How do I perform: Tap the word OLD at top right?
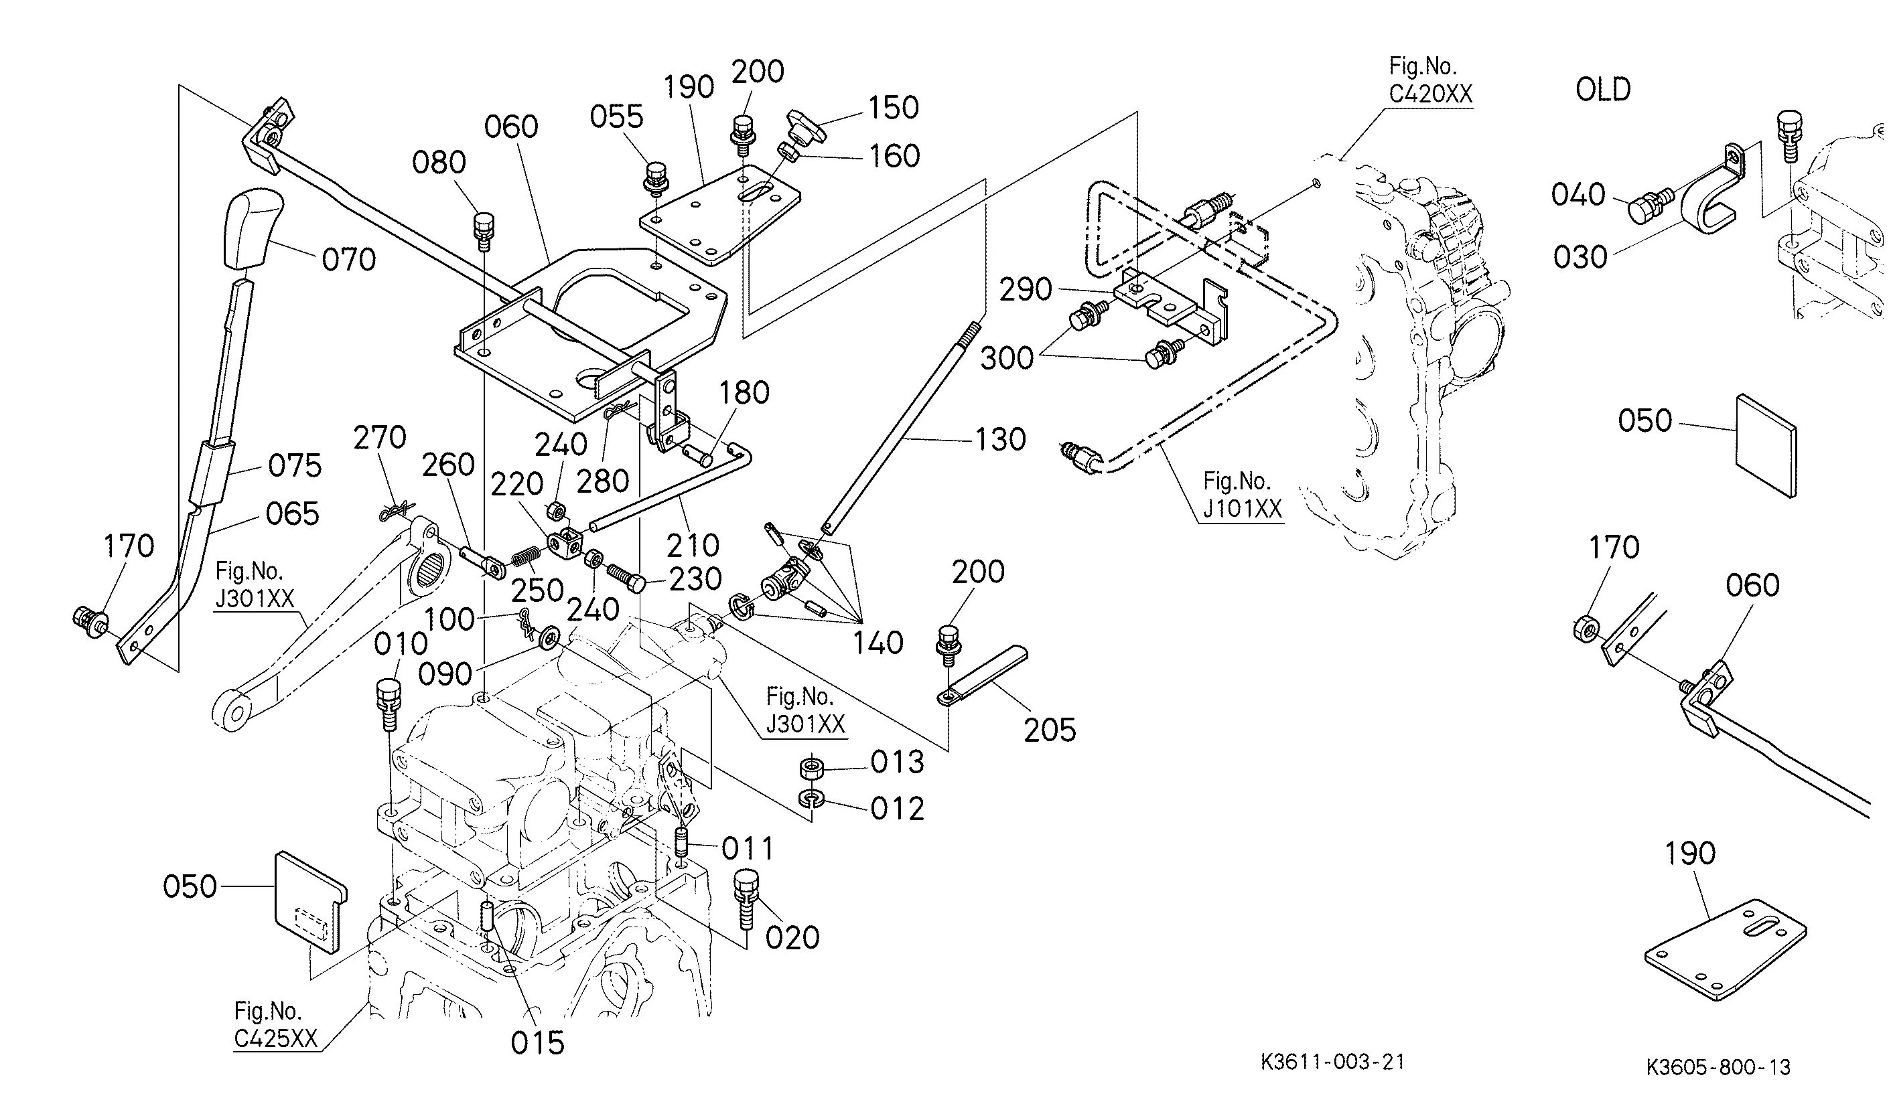pyautogui.click(x=1604, y=90)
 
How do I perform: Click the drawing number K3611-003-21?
pyautogui.click(x=1333, y=1062)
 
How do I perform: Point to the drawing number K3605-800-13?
pyautogui.click(x=1718, y=1066)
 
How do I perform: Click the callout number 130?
pyautogui.click(x=1000, y=439)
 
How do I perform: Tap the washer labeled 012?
pyautogui.click(x=811, y=799)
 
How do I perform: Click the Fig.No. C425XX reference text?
pyautogui.click(x=275, y=1024)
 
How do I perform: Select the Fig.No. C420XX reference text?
pyautogui.click(x=1430, y=80)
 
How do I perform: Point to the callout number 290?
pyautogui.click(x=1025, y=289)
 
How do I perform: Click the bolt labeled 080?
pyautogui.click(x=483, y=231)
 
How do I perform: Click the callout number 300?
pyautogui.click(x=1007, y=358)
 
